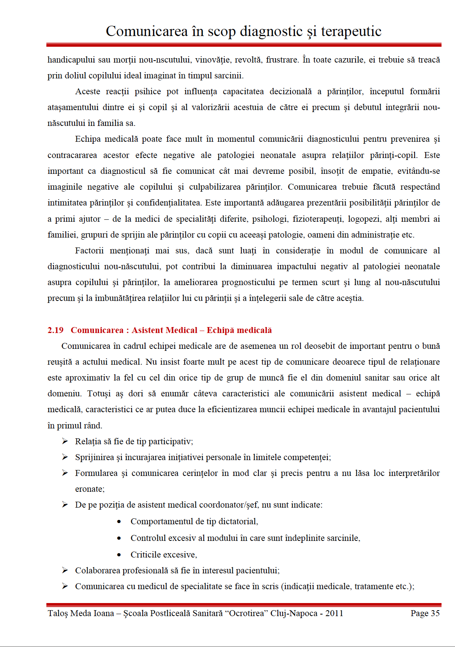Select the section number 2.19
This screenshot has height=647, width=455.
click(x=55, y=330)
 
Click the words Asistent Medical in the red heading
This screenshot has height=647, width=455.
click(x=164, y=330)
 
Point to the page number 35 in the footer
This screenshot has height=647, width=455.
click(x=435, y=613)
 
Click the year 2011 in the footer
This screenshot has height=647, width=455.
click(x=334, y=613)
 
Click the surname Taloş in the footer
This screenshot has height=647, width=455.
click(x=58, y=613)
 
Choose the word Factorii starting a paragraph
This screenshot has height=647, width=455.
click(x=90, y=251)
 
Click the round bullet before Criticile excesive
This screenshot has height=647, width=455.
click(x=119, y=555)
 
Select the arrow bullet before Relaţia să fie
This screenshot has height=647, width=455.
click(x=65, y=441)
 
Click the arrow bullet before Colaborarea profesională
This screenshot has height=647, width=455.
click(x=65, y=570)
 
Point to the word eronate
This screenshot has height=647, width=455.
click(x=90, y=489)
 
